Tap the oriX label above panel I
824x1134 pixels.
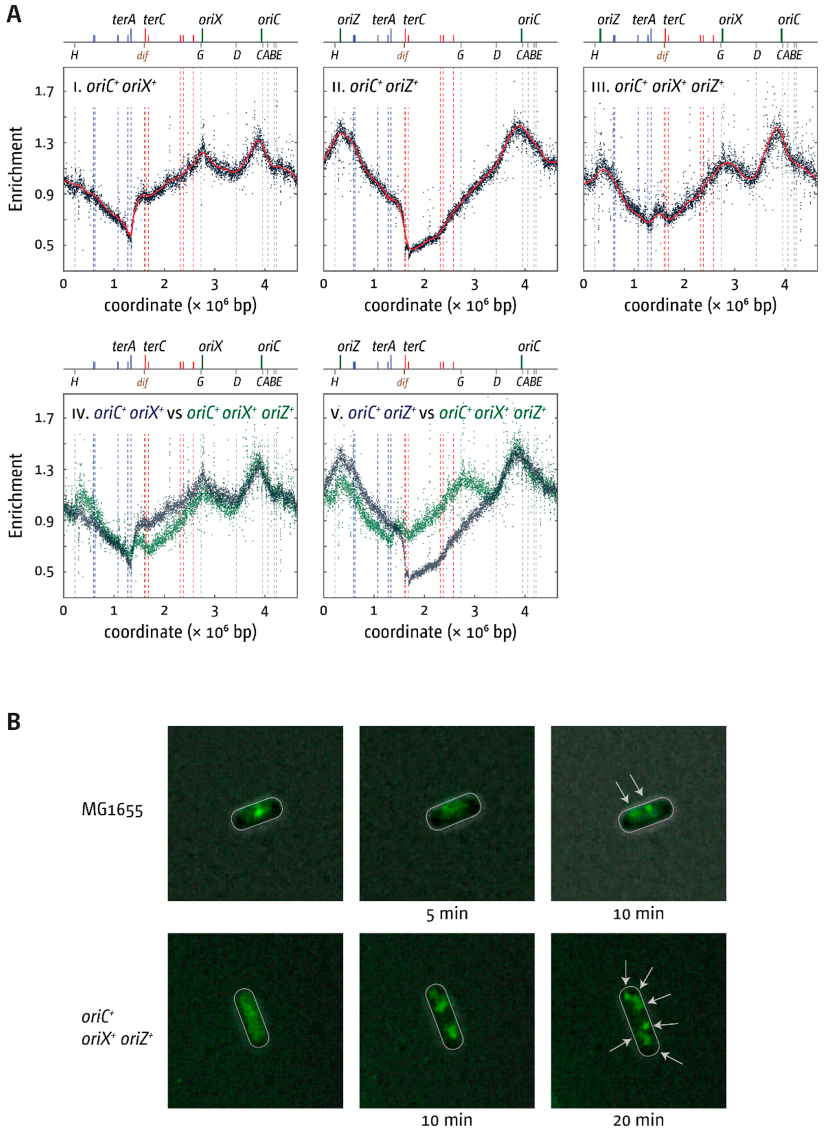pyautogui.click(x=210, y=20)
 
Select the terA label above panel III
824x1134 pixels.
pyautogui.click(x=643, y=20)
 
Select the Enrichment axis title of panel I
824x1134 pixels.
pyautogui.click(x=16, y=169)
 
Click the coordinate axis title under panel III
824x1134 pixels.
pyautogui.click(x=700, y=305)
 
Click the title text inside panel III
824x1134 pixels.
pyautogui.click(x=657, y=87)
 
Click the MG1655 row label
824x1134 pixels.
pyautogui.click(x=112, y=810)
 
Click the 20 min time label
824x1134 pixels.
pyautogui.click(x=638, y=1120)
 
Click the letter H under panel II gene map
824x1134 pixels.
pyautogui.click(x=334, y=55)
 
